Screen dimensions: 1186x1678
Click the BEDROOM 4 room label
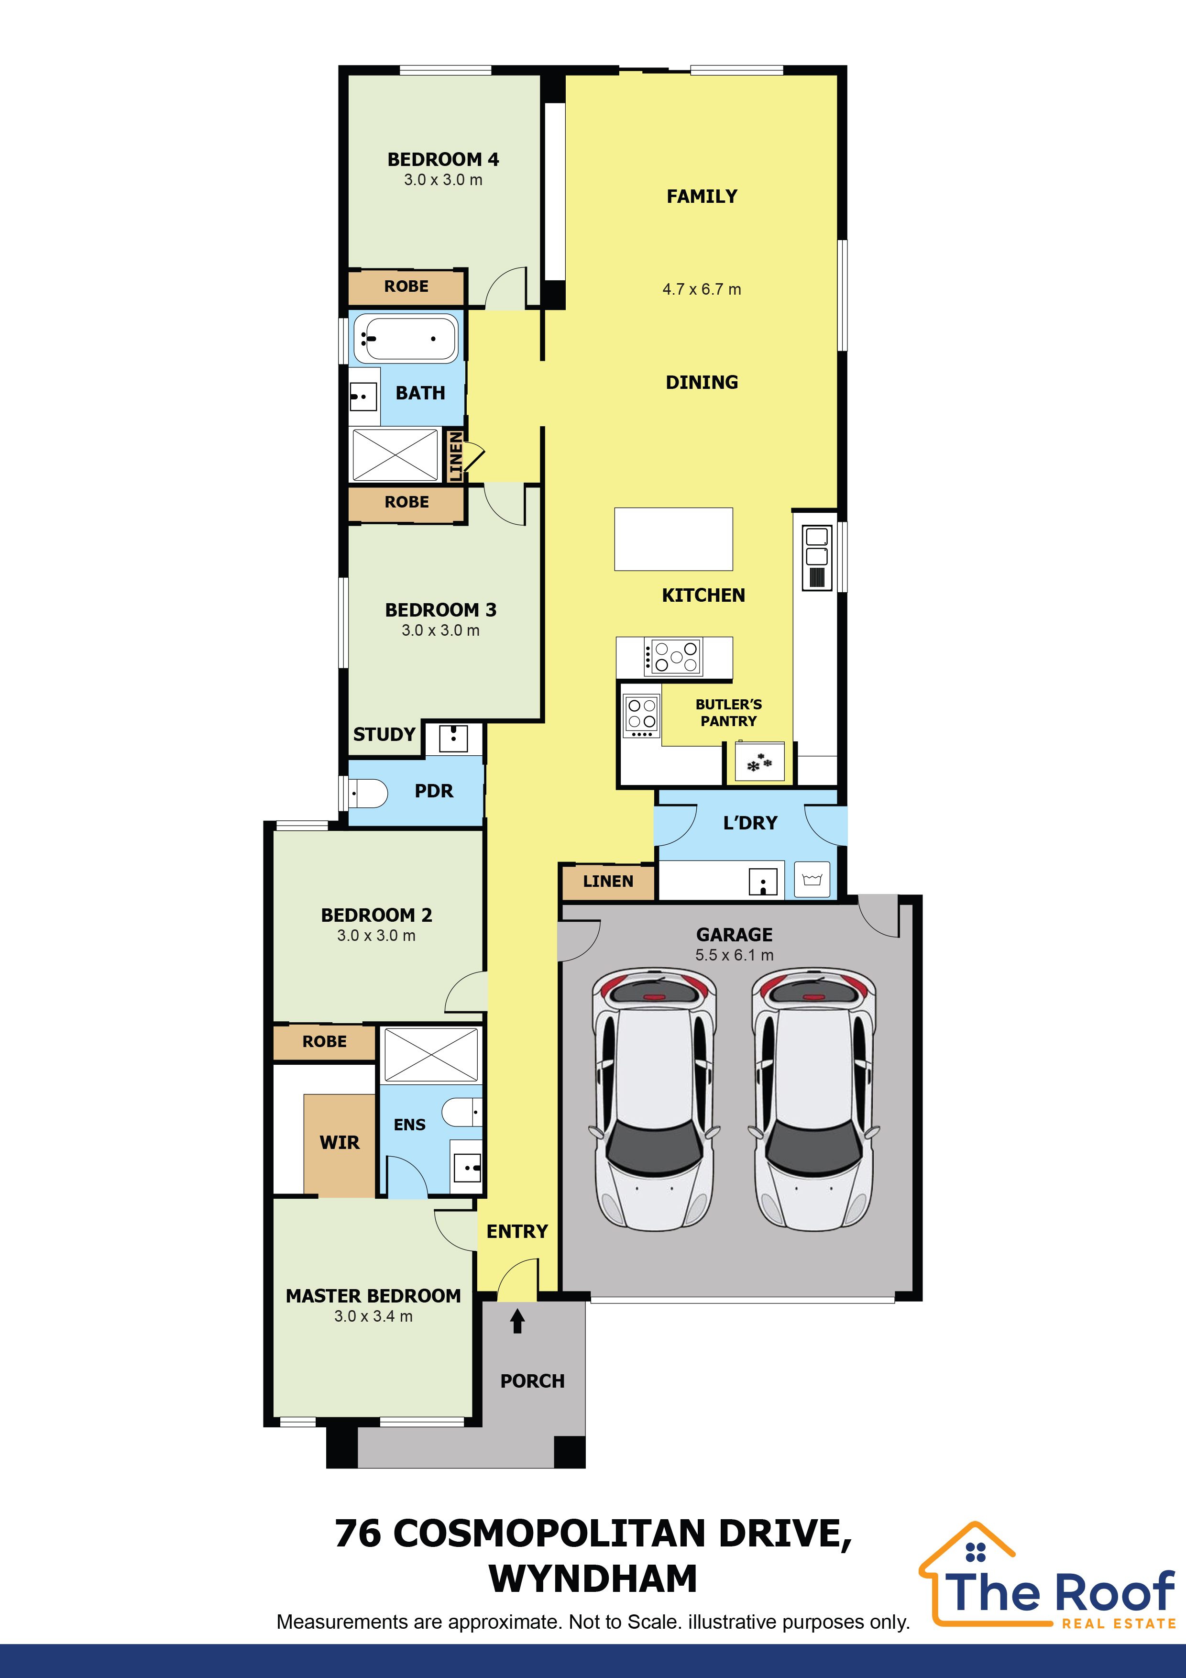pyautogui.click(x=443, y=159)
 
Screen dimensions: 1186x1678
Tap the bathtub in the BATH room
pyautogui.click(x=406, y=338)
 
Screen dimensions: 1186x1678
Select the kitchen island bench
pyautogui.click(x=673, y=539)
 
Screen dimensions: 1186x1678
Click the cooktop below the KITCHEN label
pyautogui.click(x=672, y=656)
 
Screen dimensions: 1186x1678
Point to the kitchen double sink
pyautogui.click(x=817, y=557)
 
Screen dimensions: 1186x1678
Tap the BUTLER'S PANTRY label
pyautogui.click(x=728, y=713)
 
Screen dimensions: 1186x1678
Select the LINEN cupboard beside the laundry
pyautogui.click(x=608, y=882)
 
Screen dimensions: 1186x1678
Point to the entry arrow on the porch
pyautogui.click(x=517, y=1321)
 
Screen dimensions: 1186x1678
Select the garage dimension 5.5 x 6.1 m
pyautogui.click(x=735, y=954)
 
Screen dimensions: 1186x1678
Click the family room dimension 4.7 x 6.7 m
pyautogui.click(x=702, y=289)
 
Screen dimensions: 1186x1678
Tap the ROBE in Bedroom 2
pyautogui.click(x=324, y=1041)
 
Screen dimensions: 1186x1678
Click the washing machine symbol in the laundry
pyautogui.click(x=812, y=880)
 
